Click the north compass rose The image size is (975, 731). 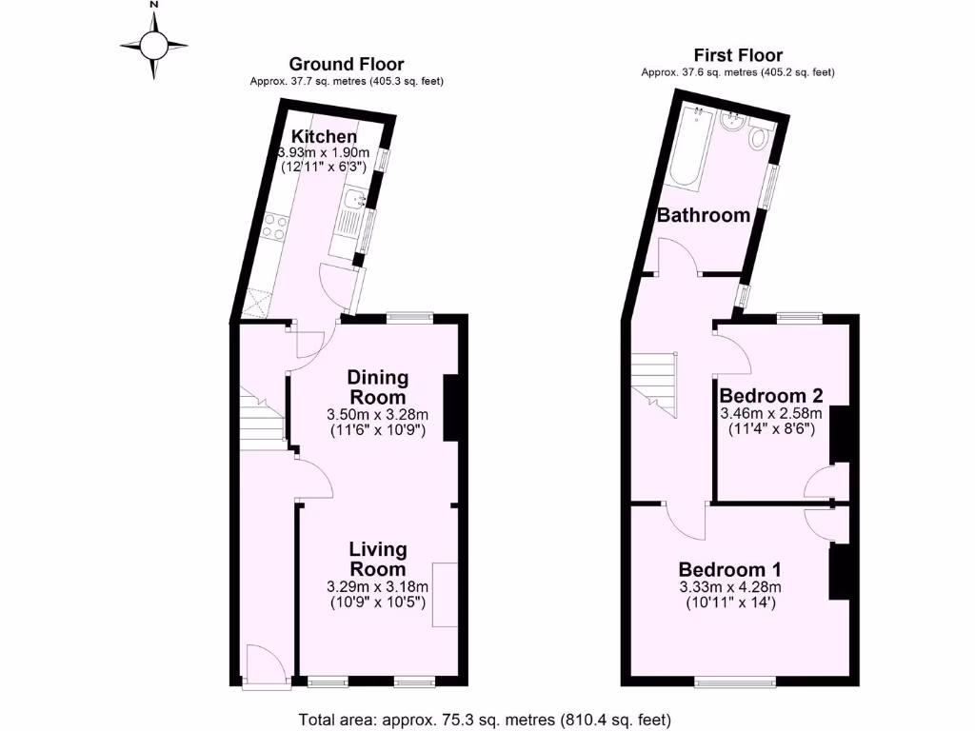pos(154,44)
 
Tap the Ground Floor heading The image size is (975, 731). pos(347,64)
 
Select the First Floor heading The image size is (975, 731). pos(738,54)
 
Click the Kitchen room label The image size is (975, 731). pos(324,136)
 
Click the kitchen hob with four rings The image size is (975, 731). pos(275,227)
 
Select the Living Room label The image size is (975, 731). pos(377,559)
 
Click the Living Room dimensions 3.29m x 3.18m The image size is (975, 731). pos(377,586)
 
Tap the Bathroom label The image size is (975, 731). pos(704,215)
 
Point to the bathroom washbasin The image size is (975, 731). pos(733,123)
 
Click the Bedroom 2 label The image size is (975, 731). pos(770,395)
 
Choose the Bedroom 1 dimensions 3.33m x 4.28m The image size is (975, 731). pos(729,587)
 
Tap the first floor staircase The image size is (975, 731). pos(655,382)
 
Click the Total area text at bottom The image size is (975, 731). pos(486,719)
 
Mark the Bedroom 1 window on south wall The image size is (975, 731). pos(734,682)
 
